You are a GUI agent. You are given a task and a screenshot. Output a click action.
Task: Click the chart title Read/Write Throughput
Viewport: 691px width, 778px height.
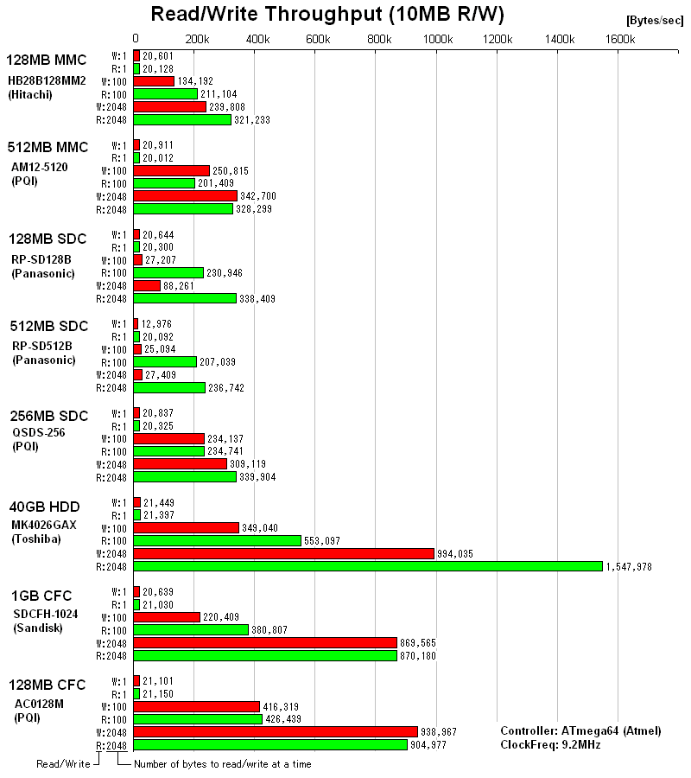pos(327,15)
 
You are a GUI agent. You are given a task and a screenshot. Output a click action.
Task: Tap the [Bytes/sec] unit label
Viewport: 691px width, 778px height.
pos(654,20)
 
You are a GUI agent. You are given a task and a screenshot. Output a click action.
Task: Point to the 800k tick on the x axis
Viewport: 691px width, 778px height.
pos(378,39)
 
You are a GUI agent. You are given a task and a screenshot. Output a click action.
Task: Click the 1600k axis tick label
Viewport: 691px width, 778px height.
pos(620,39)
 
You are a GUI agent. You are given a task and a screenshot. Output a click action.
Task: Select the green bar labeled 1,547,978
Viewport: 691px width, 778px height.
pos(368,566)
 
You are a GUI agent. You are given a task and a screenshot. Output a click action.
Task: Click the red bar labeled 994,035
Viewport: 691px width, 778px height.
pos(283,553)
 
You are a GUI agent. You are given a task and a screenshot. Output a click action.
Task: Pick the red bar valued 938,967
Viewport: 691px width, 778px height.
pos(276,731)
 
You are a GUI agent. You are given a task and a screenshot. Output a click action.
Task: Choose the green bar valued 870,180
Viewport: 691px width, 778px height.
pos(265,655)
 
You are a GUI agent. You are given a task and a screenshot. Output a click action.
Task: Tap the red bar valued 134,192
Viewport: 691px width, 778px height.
pos(154,81)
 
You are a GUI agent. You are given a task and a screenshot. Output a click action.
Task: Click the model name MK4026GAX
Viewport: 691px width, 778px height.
pos(43,524)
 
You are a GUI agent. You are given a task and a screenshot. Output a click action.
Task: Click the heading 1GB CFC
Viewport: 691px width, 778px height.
pos(41,596)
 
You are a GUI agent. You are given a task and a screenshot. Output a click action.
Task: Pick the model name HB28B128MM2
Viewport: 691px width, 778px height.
pos(47,80)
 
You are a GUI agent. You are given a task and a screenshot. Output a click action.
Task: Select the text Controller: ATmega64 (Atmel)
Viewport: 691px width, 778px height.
pos(580,730)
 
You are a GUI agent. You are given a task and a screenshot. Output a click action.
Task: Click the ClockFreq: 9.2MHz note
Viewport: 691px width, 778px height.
pos(550,744)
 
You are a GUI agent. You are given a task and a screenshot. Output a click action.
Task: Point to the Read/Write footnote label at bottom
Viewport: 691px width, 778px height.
pos(63,764)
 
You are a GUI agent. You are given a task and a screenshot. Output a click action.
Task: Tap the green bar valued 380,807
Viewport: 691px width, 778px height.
pos(191,630)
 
